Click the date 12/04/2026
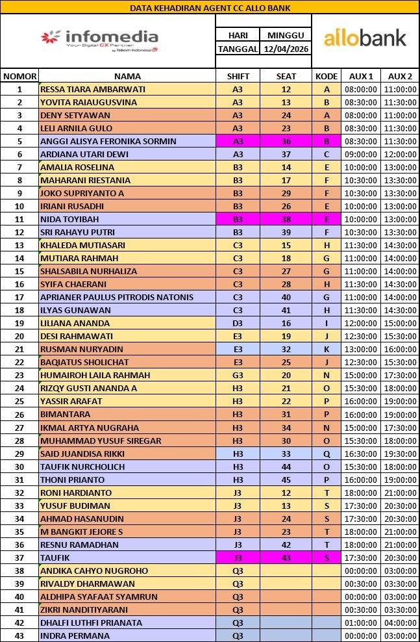pyautogui.click(x=286, y=49)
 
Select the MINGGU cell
pyautogui.click(x=286, y=35)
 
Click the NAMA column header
pyautogui.click(x=127, y=76)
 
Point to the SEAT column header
pyautogui.click(x=286, y=76)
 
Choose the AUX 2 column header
pyautogui.click(x=399, y=76)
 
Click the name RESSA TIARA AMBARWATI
pyautogui.click(x=93, y=89)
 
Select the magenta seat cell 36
pyautogui.click(x=286, y=141)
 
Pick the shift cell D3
pyautogui.click(x=238, y=323)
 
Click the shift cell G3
pyautogui.click(x=238, y=375)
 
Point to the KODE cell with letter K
pyautogui.click(x=327, y=349)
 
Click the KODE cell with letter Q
pyautogui.click(x=327, y=453)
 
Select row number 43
pyautogui.click(x=19, y=636)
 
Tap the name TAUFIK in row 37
pyautogui.click(x=56, y=558)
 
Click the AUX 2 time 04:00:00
pyautogui.click(x=399, y=623)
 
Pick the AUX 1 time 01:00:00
pyautogui.click(x=360, y=623)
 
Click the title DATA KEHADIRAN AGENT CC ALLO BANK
pyautogui.click(x=210, y=8)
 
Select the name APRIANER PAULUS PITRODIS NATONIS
pyautogui.click(x=117, y=297)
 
